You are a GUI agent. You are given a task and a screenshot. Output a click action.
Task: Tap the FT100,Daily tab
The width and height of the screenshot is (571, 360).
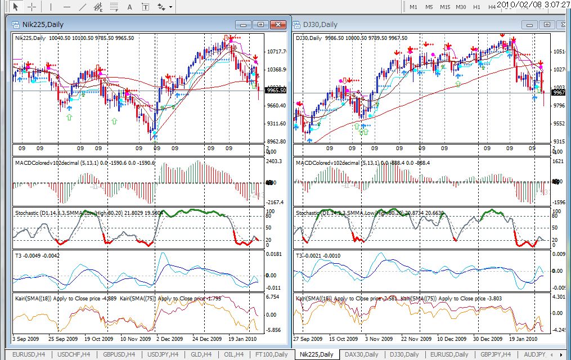tap(271, 354)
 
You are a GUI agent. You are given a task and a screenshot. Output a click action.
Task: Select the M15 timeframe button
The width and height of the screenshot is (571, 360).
tap(445, 7)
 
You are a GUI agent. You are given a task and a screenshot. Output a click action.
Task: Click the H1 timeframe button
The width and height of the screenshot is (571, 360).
tap(476, 7)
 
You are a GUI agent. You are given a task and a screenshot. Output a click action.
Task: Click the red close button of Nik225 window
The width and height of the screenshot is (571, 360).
tap(278, 24)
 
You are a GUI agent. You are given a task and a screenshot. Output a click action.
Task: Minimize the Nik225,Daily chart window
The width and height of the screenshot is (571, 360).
tap(243, 24)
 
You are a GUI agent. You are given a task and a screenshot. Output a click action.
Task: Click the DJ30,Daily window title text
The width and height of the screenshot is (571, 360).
tap(320, 24)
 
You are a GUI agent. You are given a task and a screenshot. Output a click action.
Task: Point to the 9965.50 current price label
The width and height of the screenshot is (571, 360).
tap(276, 90)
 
